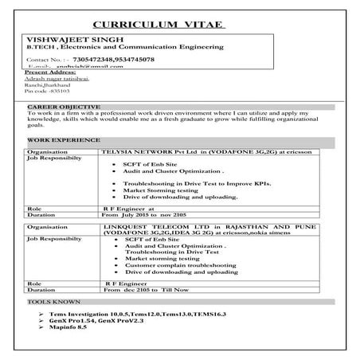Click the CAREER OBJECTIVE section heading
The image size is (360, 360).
64,106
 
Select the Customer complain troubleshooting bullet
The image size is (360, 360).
179,265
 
